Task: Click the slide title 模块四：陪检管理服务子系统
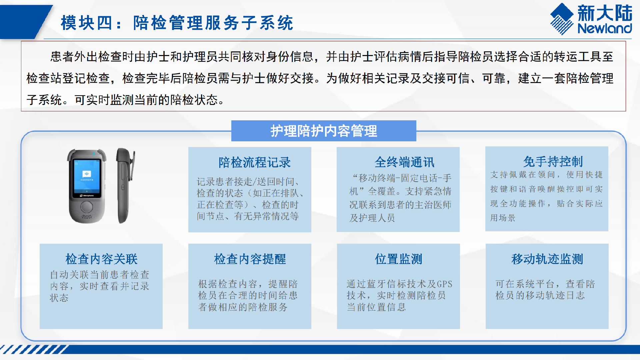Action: [177, 23]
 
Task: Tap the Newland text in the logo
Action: [605, 28]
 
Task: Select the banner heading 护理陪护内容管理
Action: [324, 131]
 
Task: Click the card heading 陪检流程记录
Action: [255, 162]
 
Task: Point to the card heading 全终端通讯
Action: [404, 162]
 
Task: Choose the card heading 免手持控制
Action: [553, 161]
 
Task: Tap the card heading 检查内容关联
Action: [102, 259]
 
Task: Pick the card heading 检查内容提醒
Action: [250, 259]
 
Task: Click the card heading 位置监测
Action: [399, 259]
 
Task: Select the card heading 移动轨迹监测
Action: [547, 259]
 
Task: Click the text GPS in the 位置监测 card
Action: [444, 284]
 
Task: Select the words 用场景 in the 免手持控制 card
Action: [503, 218]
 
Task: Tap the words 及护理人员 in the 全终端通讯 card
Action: [372, 218]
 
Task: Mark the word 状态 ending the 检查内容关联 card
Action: [59, 298]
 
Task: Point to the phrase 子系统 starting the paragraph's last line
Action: [44, 100]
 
